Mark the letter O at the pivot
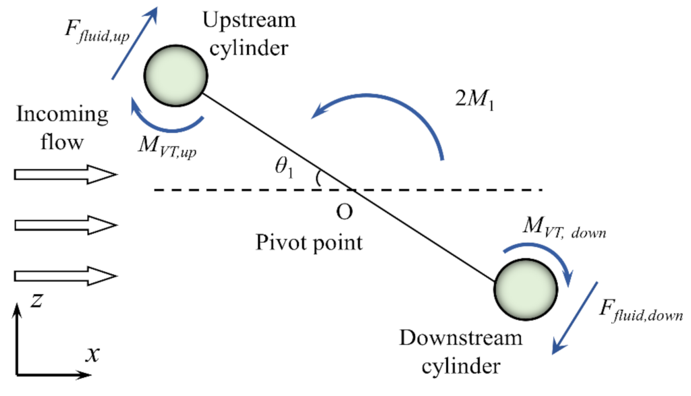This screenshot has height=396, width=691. click(x=343, y=212)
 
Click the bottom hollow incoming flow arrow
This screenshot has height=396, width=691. click(x=65, y=275)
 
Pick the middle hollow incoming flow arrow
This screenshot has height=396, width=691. click(x=65, y=225)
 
